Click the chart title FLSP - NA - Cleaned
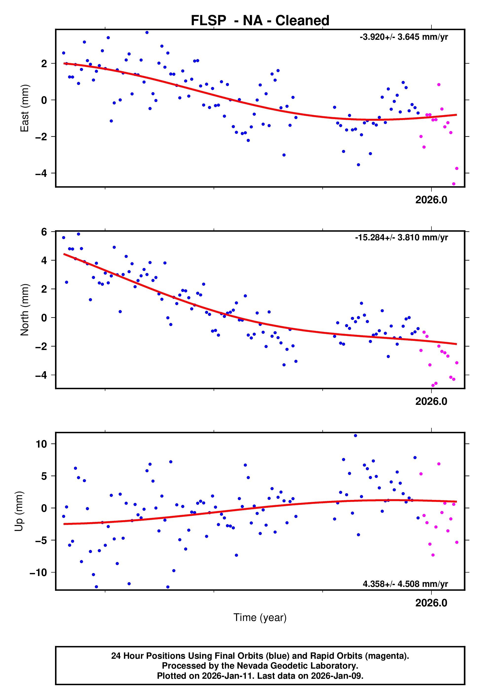pos(260,21)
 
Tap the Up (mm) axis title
pos(19,511)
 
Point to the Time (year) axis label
pos(260,618)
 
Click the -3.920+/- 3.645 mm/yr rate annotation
pos(404,37)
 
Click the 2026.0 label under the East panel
pos(431,200)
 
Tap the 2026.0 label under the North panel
pos(431,401)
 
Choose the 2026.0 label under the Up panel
pos(431,603)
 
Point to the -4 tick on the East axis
pos(41,173)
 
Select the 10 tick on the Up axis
pos(41,444)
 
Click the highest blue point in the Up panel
pos(355,436)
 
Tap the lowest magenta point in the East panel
pos(454,184)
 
